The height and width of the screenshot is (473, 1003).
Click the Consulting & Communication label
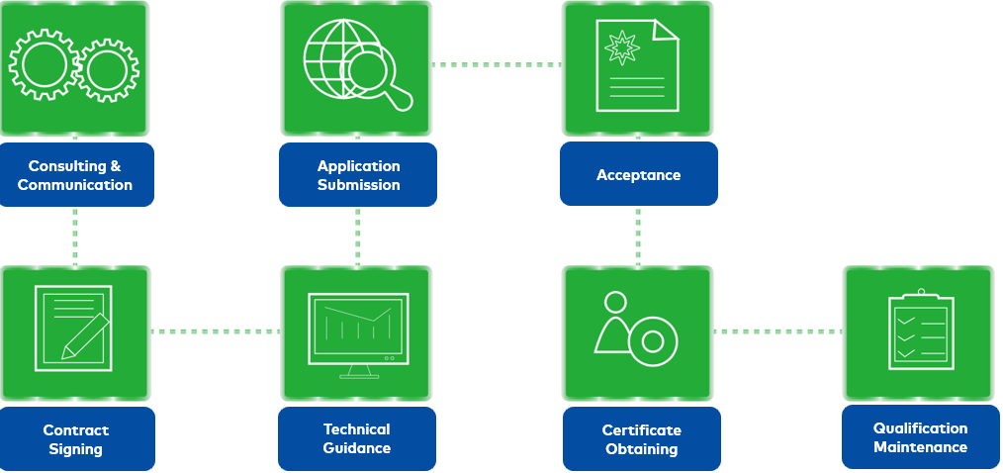(75, 175)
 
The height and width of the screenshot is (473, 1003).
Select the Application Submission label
(358, 175)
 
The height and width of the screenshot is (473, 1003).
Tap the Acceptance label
(638, 175)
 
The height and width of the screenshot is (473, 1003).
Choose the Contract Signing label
(76, 439)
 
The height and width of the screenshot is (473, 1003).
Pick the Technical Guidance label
(357, 438)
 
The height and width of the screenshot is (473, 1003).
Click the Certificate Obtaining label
(641, 439)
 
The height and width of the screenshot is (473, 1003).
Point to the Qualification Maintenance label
(920, 437)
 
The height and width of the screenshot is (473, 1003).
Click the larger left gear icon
(43, 65)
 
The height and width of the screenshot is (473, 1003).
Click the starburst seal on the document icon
(623, 47)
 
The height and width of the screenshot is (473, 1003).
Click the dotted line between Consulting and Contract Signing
(75, 236)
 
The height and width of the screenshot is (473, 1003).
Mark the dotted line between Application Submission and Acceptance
(497, 65)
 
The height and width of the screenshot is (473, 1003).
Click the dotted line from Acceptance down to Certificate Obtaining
(638, 236)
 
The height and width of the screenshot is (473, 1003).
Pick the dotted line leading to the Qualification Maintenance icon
(777, 331)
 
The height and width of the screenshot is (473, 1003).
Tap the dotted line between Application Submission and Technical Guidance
(357, 236)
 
